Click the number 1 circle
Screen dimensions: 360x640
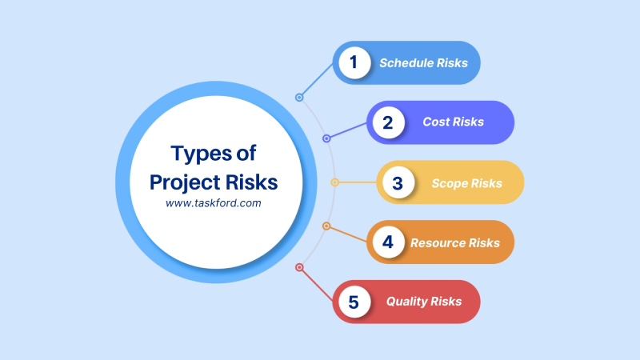click(x=354, y=62)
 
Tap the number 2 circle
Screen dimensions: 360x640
click(x=387, y=122)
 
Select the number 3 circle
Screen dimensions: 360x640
click(x=398, y=182)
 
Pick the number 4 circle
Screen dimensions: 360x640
click(x=387, y=242)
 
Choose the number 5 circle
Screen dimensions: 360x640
click(x=354, y=302)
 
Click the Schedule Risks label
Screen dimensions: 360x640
click(x=423, y=62)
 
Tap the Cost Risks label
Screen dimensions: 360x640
click(x=454, y=122)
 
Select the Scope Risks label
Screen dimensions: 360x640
click(x=466, y=183)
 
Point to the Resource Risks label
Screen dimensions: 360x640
click(x=455, y=242)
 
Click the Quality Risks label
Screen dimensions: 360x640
click(x=423, y=302)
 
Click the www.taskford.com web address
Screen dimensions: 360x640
click(x=214, y=204)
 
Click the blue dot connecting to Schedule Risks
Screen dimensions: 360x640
click(x=299, y=98)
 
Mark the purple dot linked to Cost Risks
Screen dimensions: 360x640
click(x=326, y=138)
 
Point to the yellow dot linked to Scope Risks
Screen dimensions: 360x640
click(x=334, y=182)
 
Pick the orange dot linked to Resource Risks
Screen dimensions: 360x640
click(x=326, y=226)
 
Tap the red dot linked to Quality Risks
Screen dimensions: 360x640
click(x=299, y=267)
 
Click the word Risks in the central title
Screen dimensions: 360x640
click(x=250, y=182)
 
